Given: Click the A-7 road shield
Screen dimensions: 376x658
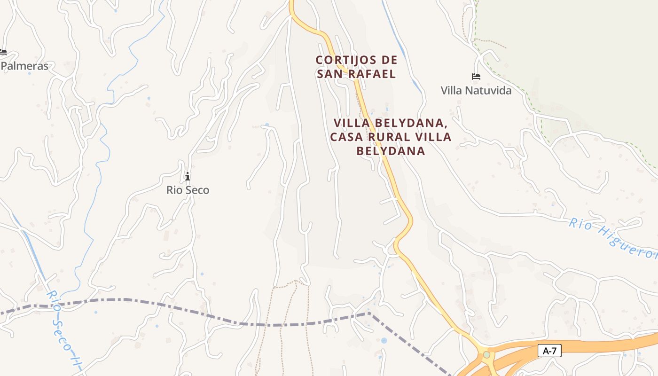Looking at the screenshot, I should coord(549,350).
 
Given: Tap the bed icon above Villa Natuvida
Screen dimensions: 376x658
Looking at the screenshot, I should coord(476,77).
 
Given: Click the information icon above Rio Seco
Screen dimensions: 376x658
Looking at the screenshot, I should coord(188,176).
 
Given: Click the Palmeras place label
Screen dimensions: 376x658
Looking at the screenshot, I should coord(24,66).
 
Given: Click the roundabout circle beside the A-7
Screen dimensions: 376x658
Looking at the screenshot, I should coord(487,354).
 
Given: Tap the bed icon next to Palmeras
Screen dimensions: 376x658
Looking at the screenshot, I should coord(3,52).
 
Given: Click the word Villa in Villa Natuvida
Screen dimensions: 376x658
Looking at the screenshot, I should coord(451,90).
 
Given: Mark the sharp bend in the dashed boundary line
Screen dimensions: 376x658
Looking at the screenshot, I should coord(369,313).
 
